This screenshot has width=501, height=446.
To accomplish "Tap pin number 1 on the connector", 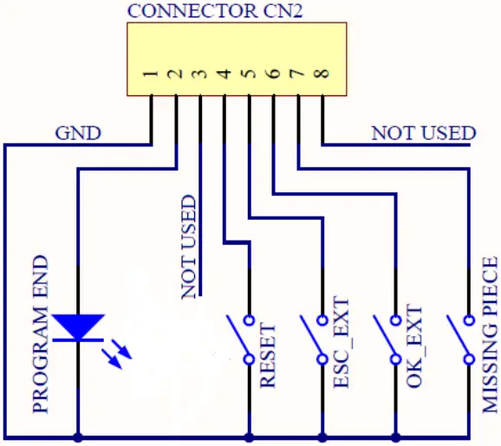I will pyautogui.click(x=151, y=75).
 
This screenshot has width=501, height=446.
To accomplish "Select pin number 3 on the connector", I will pyautogui.click(x=200, y=75).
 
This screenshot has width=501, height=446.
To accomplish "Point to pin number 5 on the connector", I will pyautogui.click(x=250, y=75).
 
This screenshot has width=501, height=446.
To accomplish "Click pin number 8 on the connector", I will pyautogui.click(x=322, y=75).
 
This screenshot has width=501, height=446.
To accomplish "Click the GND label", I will pyautogui.click(x=78, y=133).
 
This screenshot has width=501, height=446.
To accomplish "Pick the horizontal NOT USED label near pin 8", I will pyautogui.click(x=423, y=133).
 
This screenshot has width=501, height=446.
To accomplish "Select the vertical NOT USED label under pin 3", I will pyautogui.click(x=189, y=248).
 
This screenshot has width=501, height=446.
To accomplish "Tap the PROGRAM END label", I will pyautogui.click(x=40, y=333).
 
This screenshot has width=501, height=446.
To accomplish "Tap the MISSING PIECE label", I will pyautogui.click(x=490, y=333).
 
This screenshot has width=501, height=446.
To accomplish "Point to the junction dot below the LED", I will pyautogui.click(x=79, y=435).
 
